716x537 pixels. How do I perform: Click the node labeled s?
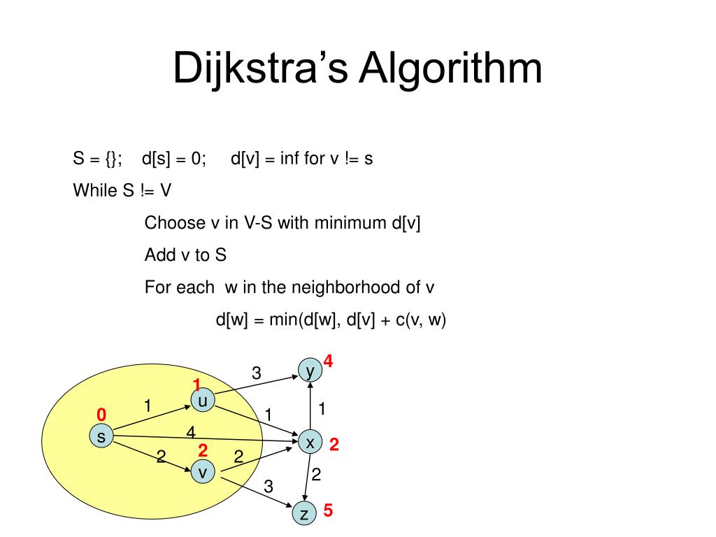pyautogui.click(x=101, y=438)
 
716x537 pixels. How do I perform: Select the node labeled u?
pyautogui.click(x=203, y=401)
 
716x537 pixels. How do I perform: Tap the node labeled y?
pyautogui.click(x=309, y=371)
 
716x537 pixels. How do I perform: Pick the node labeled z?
pyautogui.click(x=304, y=515)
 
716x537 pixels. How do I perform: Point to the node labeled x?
pyautogui.click(x=310, y=443)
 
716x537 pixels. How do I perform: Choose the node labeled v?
pyautogui.click(x=203, y=473)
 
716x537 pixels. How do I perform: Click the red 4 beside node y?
pyautogui.click(x=328, y=362)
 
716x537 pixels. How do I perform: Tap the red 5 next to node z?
pyautogui.click(x=328, y=511)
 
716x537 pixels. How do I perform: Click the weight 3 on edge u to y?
pyautogui.click(x=257, y=373)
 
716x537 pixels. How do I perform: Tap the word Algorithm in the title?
pyautogui.click(x=451, y=69)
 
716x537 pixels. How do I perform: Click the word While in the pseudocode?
pyautogui.click(x=94, y=190)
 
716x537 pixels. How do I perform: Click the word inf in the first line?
pyautogui.click(x=290, y=159)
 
